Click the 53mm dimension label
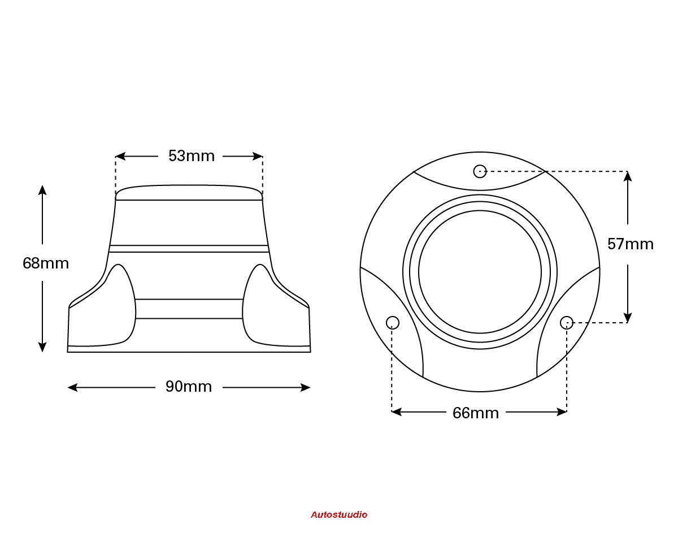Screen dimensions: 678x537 pos(192,156)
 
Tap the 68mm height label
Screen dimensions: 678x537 pos(46,263)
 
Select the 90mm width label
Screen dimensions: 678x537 pos(189,387)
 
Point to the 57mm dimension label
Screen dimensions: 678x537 pos(631,244)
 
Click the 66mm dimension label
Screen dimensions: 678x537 pos(476,413)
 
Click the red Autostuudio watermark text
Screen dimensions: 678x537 pos(339,515)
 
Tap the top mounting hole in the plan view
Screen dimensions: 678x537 pos(480,171)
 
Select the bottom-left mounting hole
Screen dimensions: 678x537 pos(393,323)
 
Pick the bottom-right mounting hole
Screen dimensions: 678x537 pos(567,323)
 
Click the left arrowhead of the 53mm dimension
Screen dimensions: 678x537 pos(120,156)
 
